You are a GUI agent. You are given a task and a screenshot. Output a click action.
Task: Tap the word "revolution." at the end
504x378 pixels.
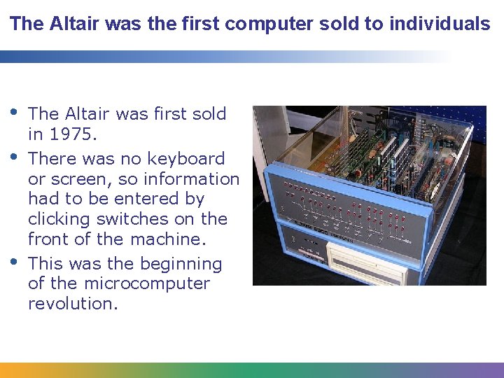73,304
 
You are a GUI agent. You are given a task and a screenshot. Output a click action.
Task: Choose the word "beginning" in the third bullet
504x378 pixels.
181,264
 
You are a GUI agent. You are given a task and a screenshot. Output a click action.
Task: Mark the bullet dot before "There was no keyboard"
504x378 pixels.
15,155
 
